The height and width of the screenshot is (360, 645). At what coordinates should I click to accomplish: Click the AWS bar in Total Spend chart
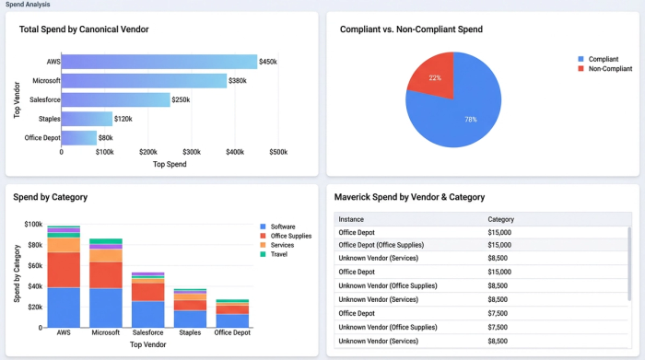[158, 62]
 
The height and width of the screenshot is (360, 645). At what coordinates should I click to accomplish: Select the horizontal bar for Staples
[87, 119]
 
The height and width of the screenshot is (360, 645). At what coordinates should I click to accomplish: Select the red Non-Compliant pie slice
[428, 74]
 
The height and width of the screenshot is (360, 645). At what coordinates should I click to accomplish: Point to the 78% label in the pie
[470, 120]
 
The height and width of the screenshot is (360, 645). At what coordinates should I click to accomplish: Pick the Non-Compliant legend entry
[609, 68]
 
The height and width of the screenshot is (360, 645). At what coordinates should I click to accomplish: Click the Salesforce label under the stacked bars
[147, 332]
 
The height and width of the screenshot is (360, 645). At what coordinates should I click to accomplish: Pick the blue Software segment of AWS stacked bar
[64, 308]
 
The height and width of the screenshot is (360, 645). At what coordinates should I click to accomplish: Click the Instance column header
[351, 219]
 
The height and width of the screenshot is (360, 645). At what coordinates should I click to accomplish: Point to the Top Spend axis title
[170, 164]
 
